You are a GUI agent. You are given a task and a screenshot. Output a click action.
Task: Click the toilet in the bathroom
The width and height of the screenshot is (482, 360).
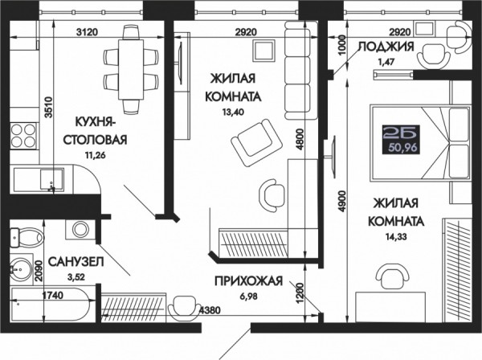pos(27,237)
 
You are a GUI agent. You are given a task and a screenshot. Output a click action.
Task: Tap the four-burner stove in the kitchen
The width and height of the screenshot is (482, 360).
pos(23,136)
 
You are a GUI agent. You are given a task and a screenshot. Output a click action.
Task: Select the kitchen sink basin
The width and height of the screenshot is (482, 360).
pos(52,179)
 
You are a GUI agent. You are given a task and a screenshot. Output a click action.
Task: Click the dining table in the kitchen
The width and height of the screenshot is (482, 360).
pos(131,69)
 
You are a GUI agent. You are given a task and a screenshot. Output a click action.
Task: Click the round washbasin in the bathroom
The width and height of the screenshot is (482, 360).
pos(20,268)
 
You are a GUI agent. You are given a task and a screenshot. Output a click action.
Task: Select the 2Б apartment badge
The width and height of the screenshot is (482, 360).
pos(400,139)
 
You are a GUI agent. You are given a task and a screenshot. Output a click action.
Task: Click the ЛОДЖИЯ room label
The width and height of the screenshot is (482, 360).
pos(386,47)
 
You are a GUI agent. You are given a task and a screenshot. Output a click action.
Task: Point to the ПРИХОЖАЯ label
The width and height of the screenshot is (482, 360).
pos(248,281)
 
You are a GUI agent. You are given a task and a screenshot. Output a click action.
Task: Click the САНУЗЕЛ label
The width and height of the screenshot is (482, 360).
pos(76,262)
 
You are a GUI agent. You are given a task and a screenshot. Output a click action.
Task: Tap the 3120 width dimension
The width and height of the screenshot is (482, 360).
pos(87,31)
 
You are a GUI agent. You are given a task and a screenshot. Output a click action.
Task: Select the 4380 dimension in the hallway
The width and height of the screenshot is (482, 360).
pos(210,310)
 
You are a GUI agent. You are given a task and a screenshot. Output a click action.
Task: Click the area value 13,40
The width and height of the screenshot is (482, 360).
pos(233,112)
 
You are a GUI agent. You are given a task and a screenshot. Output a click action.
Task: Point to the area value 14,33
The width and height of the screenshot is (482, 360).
pos(396,237)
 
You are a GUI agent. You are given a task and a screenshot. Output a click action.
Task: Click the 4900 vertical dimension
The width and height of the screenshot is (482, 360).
pos(342,202)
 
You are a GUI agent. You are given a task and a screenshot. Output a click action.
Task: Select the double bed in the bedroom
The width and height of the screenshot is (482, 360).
pos(421,142)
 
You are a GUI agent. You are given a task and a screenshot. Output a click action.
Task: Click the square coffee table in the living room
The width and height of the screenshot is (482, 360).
pos(263,50)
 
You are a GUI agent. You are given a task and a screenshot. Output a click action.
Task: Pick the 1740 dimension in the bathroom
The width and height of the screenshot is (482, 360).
pos(52,296)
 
